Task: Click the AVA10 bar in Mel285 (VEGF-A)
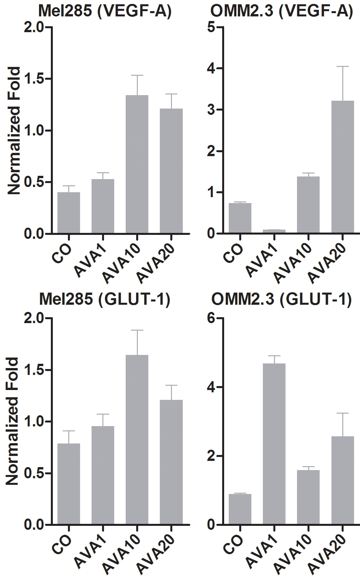137,164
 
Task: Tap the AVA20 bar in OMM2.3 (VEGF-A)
343,167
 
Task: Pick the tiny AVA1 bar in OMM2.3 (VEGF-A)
274,231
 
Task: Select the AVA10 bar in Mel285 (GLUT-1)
137,440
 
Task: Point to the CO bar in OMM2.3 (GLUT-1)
240,509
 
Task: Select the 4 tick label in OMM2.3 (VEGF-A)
211,68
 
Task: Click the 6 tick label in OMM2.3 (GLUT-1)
211,318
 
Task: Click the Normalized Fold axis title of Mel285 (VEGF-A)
14,131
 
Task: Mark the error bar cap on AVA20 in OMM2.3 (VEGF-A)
343,67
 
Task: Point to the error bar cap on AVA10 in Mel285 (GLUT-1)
137,330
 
